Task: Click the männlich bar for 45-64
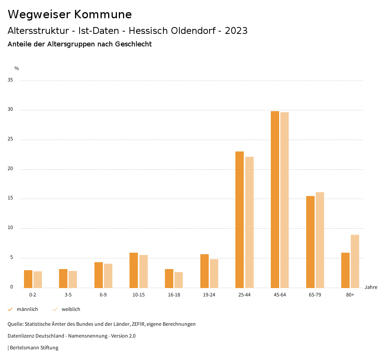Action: (x=275, y=199)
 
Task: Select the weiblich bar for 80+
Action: (x=355, y=261)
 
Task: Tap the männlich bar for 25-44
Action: (x=240, y=220)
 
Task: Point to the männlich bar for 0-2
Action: (x=28, y=279)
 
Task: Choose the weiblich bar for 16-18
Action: (x=179, y=280)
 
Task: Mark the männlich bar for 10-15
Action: (x=134, y=270)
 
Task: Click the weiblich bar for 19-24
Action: (x=214, y=273)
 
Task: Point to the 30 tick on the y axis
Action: (x=10, y=110)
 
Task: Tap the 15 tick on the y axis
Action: (x=10, y=198)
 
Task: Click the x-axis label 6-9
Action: (x=103, y=295)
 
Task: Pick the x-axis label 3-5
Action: (x=68, y=295)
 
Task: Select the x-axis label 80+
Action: (x=350, y=295)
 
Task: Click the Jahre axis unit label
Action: (x=371, y=287)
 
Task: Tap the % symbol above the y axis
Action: (x=16, y=68)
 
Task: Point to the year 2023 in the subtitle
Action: (x=236, y=31)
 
